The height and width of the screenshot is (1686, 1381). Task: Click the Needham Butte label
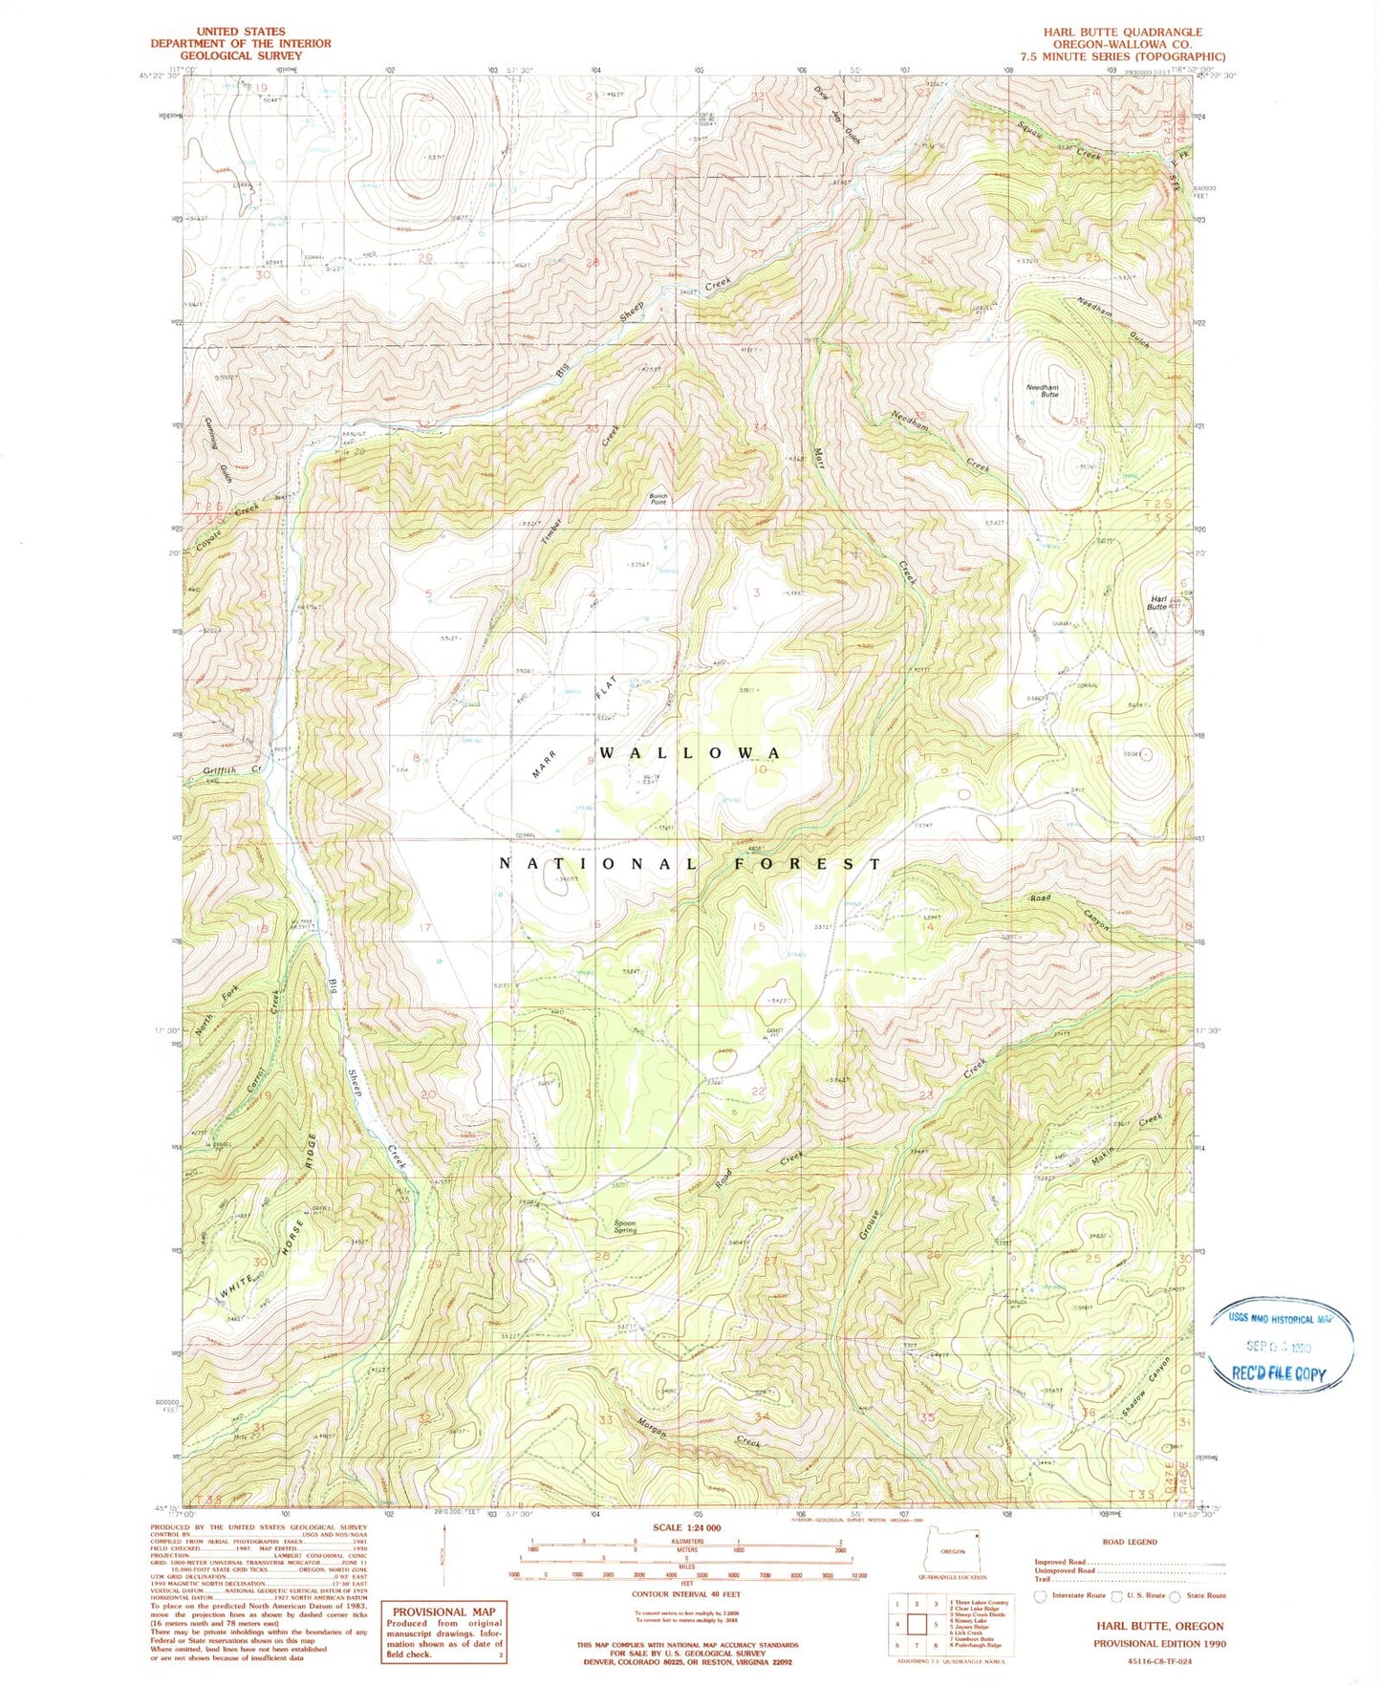[x=1043, y=390]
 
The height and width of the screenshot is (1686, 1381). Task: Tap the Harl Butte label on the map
[x=1157, y=603]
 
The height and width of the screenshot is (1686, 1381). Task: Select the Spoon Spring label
[x=626, y=1226]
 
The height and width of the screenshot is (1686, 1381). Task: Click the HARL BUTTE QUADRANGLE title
[x=1122, y=32]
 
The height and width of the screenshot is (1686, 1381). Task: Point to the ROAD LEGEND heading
[x=1130, y=1542]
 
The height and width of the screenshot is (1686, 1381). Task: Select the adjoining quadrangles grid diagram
[x=917, y=1624]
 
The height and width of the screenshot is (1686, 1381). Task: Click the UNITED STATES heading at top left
[x=240, y=32]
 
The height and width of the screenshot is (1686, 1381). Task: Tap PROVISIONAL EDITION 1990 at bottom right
[x=1159, y=1644]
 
